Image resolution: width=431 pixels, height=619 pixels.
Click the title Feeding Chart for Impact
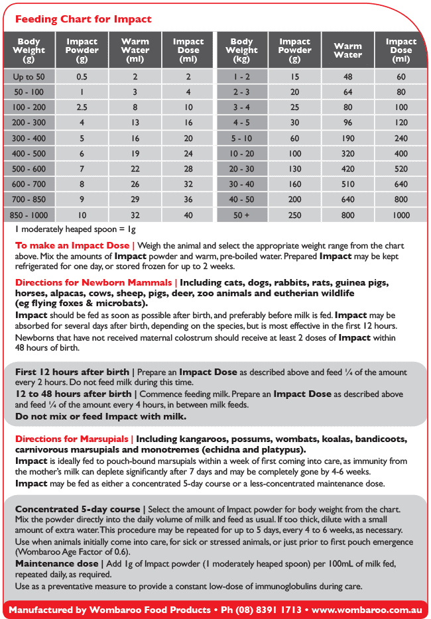84,19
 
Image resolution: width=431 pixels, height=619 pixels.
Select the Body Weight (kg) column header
241,50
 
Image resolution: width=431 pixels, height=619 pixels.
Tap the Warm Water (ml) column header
135,50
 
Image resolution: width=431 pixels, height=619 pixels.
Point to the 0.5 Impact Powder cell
82,77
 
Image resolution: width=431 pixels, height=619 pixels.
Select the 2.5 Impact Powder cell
82,107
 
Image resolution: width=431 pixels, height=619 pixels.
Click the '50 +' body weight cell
241,215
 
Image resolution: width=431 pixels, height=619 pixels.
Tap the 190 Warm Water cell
347,139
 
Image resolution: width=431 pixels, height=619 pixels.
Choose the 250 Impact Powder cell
294,215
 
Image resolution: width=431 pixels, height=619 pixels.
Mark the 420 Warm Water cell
347,169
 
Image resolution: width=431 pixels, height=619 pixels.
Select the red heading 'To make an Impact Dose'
72,246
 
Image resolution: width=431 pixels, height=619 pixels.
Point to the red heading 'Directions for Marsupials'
72,439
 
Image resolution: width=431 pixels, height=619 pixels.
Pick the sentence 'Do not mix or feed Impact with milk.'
101,417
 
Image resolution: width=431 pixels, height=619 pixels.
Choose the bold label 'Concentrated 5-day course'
77,509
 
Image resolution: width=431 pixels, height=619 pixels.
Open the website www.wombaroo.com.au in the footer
363,609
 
